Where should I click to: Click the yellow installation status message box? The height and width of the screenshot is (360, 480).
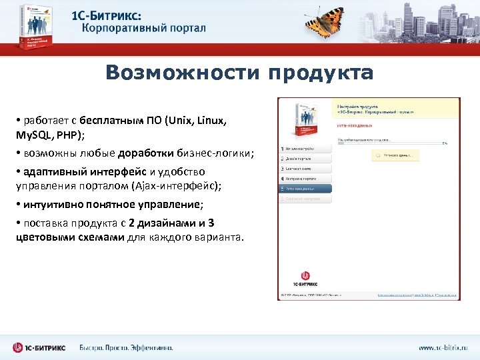coord(395,155)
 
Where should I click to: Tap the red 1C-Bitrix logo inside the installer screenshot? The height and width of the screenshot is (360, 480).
coord(306,275)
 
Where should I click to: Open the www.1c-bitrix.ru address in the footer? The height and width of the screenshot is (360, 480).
coord(443,347)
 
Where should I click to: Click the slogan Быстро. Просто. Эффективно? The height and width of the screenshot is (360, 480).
coord(126,347)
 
